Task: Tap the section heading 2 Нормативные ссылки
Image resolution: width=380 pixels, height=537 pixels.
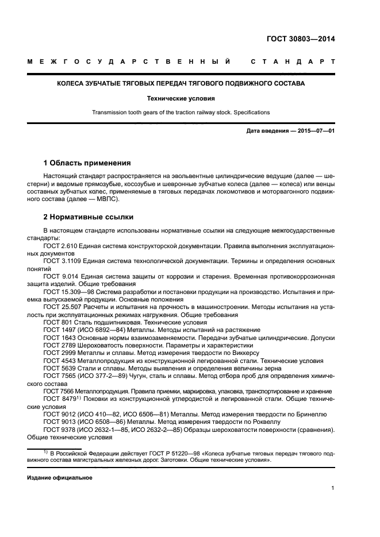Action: tap(89, 217)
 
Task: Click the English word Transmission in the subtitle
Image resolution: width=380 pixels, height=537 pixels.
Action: tap(109, 113)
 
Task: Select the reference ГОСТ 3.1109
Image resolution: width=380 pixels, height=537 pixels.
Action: tap(62, 261)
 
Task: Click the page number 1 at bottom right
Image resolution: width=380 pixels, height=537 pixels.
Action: tap(333, 488)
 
